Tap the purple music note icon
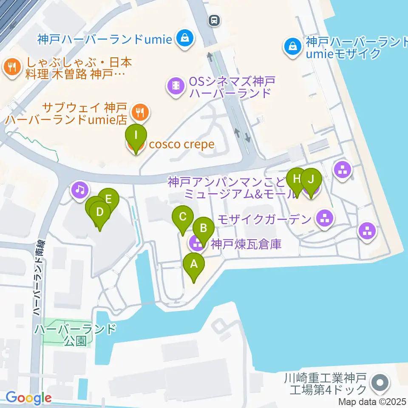[x=79, y=189]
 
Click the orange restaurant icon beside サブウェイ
[x=139, y=112]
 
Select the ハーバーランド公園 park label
[x=76, y=334]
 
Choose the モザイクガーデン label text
[x=265, y=219]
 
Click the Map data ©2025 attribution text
[x=373, y=401]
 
